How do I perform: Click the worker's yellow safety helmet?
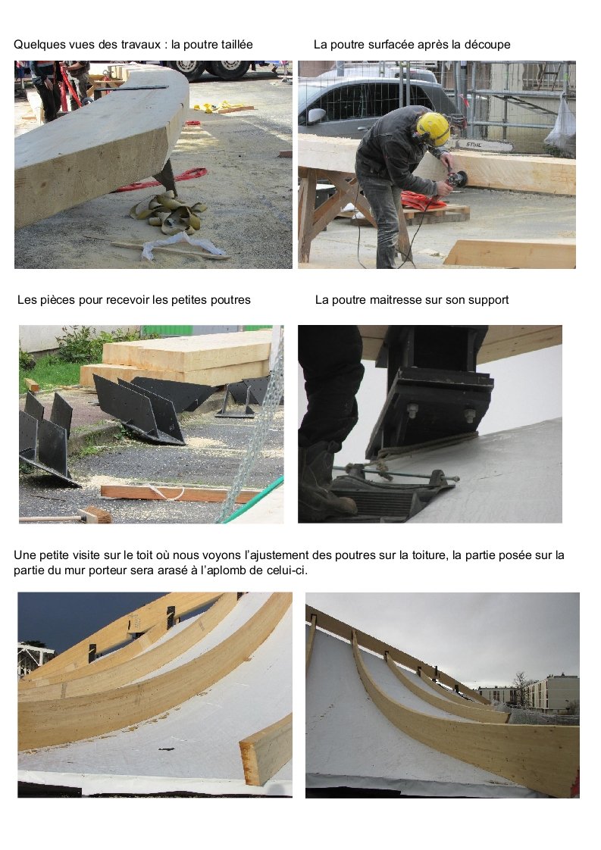click(x=434, y=129)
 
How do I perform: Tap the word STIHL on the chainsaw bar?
click(x=474, y=145)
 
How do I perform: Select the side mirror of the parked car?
click(x=316, y=115)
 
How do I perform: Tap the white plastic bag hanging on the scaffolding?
click(x=561, y=127)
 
